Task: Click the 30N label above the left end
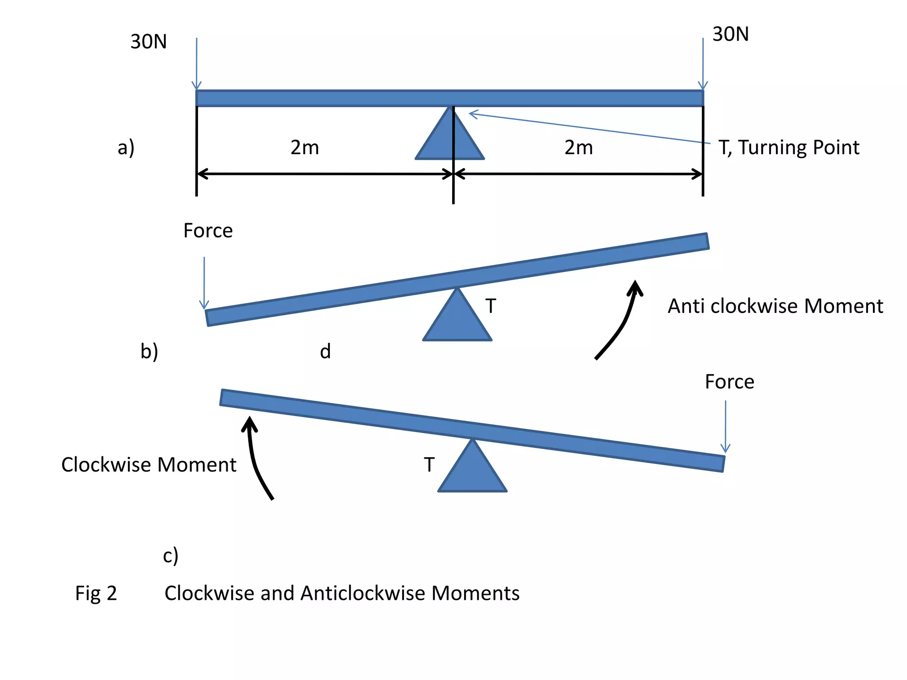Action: [148, 42]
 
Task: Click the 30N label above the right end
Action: [730, 34]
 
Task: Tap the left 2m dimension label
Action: [305, 147]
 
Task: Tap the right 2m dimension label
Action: [578, 147]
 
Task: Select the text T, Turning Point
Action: [789, 147]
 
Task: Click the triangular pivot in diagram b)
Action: [457, 321]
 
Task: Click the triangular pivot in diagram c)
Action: [472, 471]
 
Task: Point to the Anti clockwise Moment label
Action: [775, 306]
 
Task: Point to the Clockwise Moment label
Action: [149, 465]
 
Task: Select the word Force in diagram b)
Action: [208, 231]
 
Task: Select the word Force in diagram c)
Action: [729, 382]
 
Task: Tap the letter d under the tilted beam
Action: [326, 352]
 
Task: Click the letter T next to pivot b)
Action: [491, 306]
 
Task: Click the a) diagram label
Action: [126, 147]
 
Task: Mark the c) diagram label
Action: [171, 556]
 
